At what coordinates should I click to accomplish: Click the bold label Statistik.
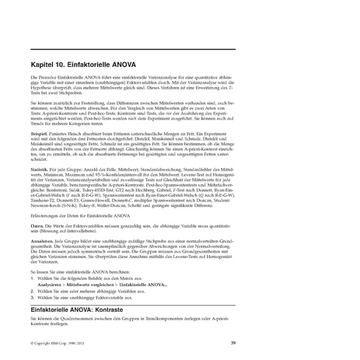(40, 167)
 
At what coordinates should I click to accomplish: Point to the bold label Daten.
(37, 224)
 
